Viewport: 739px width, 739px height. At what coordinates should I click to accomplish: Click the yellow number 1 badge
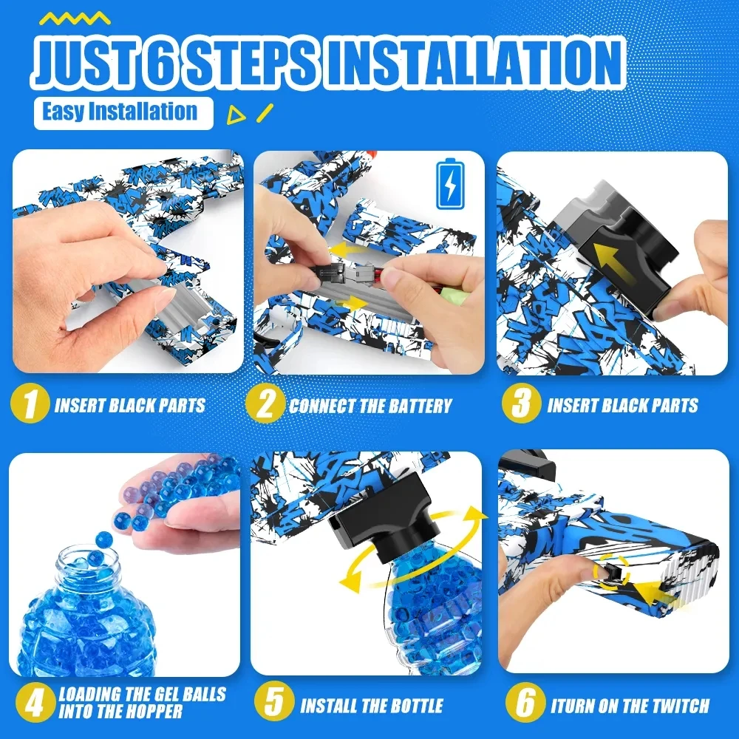pyautogui.click(x=30, y=403)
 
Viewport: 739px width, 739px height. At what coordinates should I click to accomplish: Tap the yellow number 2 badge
pyautogui.click(x=265, y=403)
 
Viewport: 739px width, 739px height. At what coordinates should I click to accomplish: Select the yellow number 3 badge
pyautogui.click(x=521, y=403)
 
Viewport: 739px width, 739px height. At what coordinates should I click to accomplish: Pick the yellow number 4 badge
pyautogui.click(x=35, y=704)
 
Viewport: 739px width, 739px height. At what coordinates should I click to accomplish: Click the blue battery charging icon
pyautogui.click(x=450, y=184)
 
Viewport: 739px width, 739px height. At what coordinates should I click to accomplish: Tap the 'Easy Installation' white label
pyautogui.click(x=123, y=113)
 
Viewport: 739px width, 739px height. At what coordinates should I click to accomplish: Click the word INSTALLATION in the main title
pyautogui.click(x=475, y=64)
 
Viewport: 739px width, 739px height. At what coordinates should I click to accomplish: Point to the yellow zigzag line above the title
pyautogui.click(x=75, y=18)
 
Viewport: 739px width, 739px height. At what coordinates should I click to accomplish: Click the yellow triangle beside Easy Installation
pyautogui.click(x=235, y=115)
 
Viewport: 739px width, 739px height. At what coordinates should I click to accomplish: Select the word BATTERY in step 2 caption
pyautogui.click(x=419, y=406)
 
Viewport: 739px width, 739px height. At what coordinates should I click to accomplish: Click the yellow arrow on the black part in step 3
pyautogui.click(x=614, y=262)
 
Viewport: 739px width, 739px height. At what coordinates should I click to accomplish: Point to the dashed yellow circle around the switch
pyautogui.click(x=612, y=571)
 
